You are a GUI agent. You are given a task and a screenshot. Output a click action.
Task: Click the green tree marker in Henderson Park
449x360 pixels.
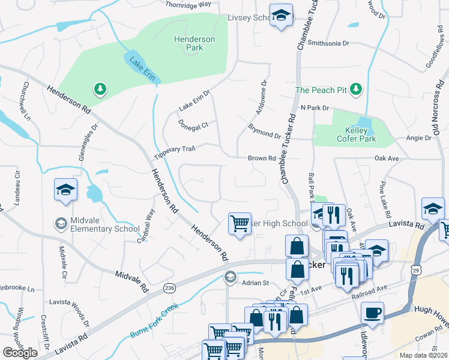(100, 90)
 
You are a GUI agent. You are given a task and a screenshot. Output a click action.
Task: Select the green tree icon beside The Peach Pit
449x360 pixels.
(357, 89)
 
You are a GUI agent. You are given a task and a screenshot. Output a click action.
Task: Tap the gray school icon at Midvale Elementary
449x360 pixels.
(61, 224)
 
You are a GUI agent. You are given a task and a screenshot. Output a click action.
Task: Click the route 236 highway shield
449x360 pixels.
(169, 289)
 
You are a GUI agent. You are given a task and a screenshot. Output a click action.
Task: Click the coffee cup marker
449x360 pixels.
(372, 313)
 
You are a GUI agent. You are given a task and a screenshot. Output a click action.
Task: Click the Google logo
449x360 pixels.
(20, 353)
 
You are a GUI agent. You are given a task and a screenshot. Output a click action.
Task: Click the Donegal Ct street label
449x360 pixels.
(193, 124)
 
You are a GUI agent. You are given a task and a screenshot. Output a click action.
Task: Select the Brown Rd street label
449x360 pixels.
(261, 158)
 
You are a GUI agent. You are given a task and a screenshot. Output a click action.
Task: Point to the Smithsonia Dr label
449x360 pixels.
(328, 43)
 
